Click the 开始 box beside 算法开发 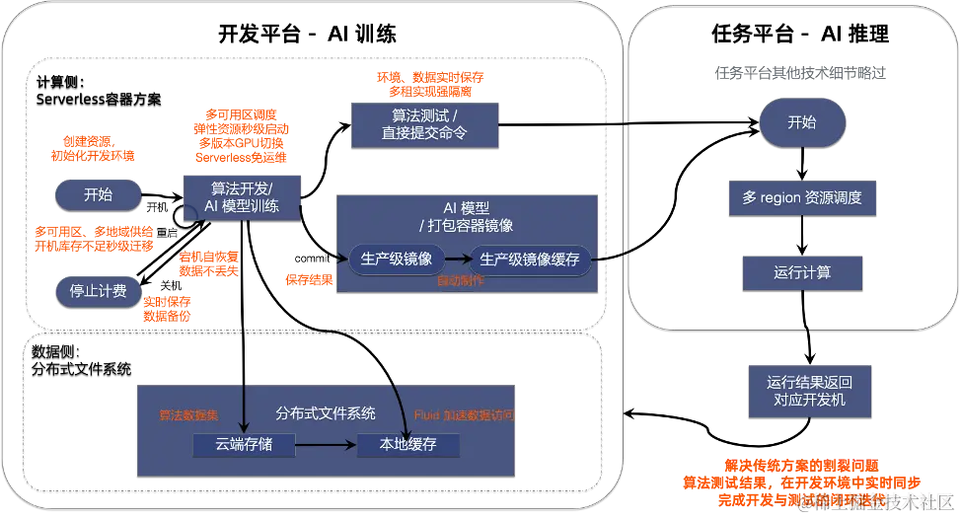click(98, 194)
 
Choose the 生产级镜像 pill click(396, 259)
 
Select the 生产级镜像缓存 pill click(529, 259)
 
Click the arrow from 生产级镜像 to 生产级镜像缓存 click(455, 259)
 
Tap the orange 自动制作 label click(461, 281)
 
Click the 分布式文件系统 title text click(325, 413)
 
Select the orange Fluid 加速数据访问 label click(463, 415)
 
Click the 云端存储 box click(243, 444)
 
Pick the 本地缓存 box click(407, 444)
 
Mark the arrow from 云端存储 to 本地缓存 click(326, 444)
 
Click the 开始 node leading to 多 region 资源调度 click(801, 123)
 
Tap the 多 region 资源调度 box click(801, 197)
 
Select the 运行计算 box click(801, 271)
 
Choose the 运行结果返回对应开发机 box click(809, 390)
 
